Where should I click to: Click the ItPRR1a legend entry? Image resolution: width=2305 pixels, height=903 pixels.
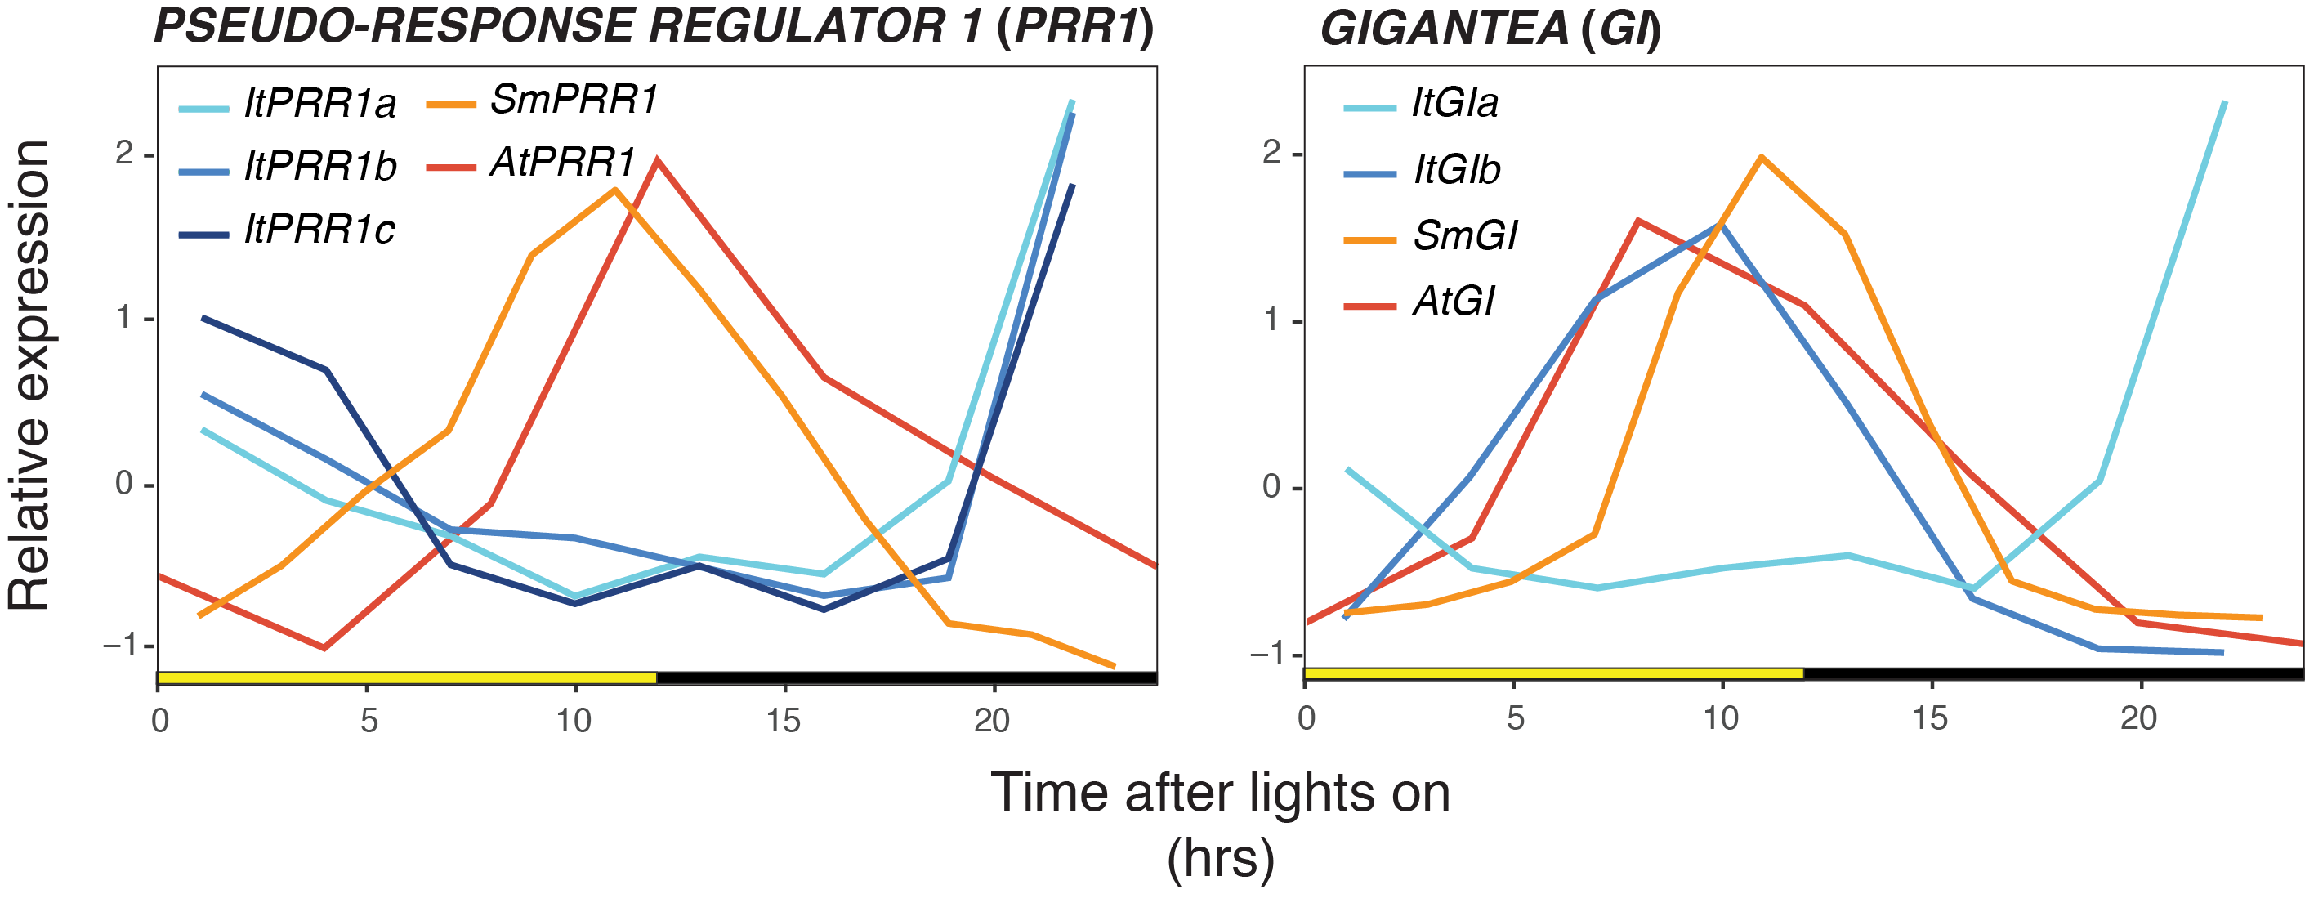319,105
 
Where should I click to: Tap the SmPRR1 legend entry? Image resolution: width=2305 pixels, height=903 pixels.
573,101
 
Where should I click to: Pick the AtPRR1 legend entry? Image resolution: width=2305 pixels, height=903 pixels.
562,163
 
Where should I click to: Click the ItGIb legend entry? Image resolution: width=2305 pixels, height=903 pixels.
1455,170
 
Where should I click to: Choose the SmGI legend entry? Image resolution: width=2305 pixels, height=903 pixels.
1464,236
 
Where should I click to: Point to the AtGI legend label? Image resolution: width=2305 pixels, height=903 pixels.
1452,302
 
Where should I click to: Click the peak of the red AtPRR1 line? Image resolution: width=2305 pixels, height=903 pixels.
658,160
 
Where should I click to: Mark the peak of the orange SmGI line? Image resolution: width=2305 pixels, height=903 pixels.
1761,158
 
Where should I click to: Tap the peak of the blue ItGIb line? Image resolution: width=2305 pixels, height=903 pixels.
1722,225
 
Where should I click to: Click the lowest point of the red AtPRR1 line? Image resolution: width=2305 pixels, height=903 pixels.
324,648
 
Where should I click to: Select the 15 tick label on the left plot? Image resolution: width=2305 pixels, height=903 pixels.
783,722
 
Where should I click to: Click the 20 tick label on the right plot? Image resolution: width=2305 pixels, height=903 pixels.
2138,718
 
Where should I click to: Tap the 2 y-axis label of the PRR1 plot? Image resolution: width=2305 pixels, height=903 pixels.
123,154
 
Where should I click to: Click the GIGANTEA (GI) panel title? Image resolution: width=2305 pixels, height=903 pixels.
1490,29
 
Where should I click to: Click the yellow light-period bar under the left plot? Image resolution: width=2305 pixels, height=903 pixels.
406,677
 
